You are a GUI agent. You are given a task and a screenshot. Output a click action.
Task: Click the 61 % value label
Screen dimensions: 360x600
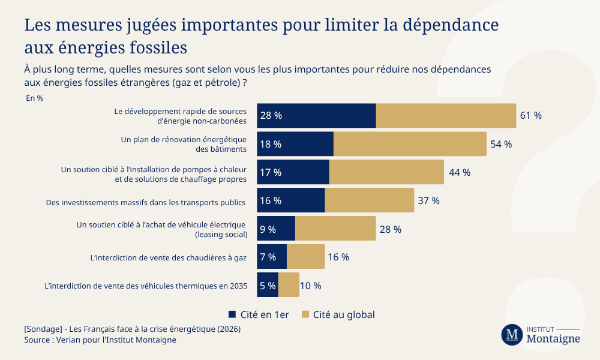(530, 116)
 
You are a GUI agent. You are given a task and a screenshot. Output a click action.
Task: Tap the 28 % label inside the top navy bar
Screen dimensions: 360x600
(271, 116)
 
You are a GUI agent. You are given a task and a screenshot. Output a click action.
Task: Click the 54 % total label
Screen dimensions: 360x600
(501, 144)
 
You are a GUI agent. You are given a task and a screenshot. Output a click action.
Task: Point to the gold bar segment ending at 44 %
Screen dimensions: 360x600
(386, 172)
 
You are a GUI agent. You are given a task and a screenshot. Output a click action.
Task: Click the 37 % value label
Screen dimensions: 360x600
(428, 200)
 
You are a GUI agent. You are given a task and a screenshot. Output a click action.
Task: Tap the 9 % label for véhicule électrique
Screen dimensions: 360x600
(268, 229)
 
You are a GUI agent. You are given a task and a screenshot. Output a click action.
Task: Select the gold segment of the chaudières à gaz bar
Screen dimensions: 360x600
(305, 257)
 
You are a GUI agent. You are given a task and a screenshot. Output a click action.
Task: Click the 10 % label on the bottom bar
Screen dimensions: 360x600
(310, 286)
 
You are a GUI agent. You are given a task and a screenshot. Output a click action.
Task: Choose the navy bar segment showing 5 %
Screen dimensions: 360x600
(268, 285)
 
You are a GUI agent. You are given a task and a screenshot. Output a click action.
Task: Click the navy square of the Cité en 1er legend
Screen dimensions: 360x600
(232, 314)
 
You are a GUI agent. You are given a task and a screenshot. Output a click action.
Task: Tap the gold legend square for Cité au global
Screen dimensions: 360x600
(305, 314)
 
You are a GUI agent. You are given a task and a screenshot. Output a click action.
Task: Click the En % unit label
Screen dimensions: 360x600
(34, 98)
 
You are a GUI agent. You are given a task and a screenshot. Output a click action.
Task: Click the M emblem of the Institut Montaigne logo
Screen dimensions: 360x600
(512, 335)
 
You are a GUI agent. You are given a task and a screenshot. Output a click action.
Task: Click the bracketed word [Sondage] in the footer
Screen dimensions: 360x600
(42, 329)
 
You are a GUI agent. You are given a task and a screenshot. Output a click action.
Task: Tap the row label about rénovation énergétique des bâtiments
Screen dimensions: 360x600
(184, 144)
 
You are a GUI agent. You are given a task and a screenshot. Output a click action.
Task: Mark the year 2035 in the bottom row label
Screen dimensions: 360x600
(238, 286)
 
